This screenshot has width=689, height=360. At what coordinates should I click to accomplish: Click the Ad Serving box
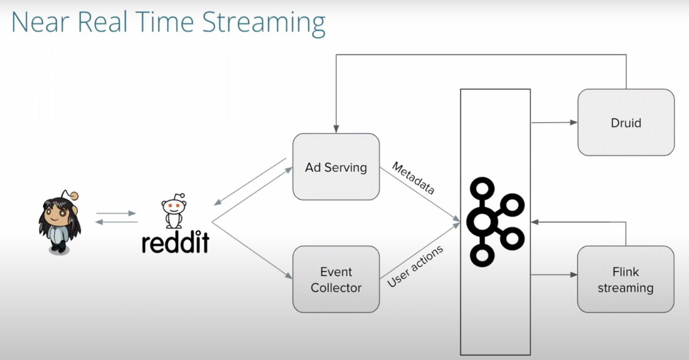click(x=336, y=167)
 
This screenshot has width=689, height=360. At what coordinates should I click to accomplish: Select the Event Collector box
click(x=336, y=279)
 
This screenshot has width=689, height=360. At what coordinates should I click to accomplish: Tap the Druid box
click(x=626, y=122)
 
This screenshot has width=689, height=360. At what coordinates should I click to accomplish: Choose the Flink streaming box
click(x=625, y=280)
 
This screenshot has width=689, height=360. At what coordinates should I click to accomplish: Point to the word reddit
click(x=175, y=242)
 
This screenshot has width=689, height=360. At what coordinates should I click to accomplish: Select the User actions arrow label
click(x=415, y=266)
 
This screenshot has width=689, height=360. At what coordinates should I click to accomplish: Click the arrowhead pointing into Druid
click(x=574, y=123)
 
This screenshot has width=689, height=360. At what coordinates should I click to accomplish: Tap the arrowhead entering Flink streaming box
click(x=574, y=275)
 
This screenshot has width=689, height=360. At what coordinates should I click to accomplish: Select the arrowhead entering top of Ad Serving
click(x=336, y=130)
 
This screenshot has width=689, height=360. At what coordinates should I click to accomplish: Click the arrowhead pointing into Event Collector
click(x=289, y=278)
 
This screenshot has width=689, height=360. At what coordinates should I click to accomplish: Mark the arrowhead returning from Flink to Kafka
click(x=535, y=222)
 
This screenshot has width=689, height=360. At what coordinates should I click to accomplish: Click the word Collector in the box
click(x=336, y=288)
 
